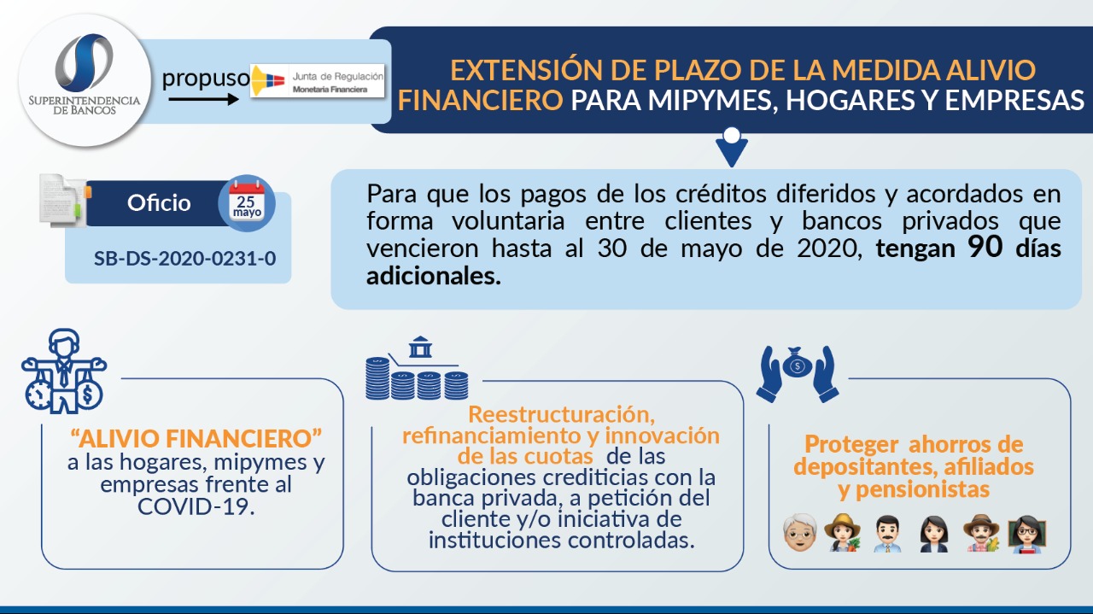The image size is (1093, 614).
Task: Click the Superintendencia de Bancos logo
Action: click(85, 80)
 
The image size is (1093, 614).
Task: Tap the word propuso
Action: click(206, 78)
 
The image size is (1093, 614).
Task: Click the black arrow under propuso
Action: click(203, 100)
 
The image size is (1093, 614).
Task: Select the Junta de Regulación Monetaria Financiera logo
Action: click(317, 80)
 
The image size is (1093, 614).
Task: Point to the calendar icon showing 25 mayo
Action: click(247, 202)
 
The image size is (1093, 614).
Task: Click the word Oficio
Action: click(159, 203)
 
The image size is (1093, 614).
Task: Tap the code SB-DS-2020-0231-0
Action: click(185, 258)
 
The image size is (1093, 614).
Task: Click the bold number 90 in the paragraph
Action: click(985, 247)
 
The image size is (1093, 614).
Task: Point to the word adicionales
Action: click(433, 276)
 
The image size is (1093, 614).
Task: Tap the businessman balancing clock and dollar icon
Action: click(63, 371)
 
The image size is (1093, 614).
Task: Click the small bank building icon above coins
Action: click(420, 347)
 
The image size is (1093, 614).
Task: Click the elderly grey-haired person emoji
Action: click(800, 533)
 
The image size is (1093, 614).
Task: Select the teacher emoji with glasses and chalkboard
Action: click(1026, 534)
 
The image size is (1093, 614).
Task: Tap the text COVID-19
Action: click(196, 506)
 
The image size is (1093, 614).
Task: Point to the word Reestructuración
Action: click(561, 414)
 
